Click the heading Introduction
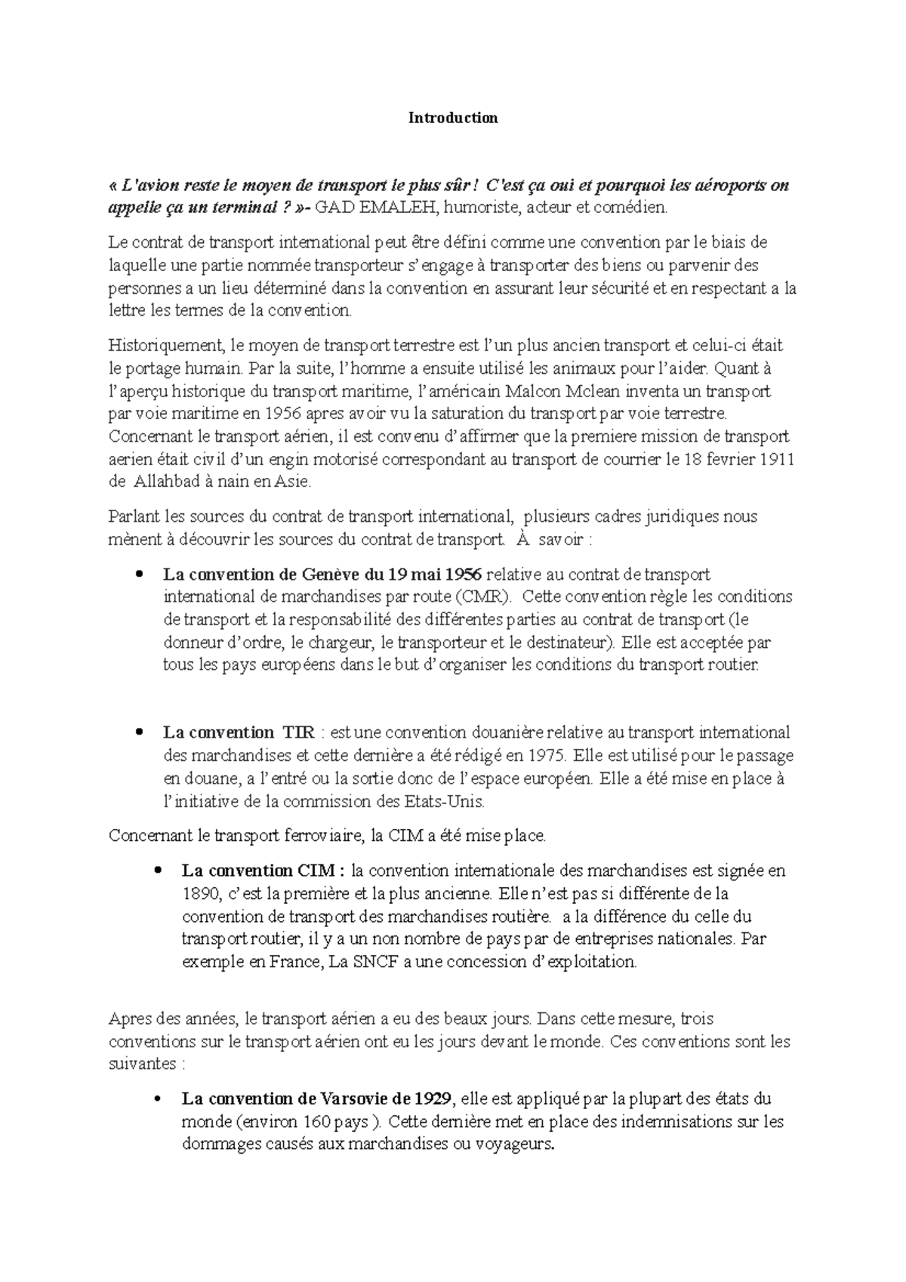(x=453, y=118)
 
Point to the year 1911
(x=778, y=459)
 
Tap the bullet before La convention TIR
(x=138, y=732)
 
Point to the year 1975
(x=546, y=755)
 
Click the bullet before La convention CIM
(x=157, y=871)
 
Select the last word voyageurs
(x=513, y=1145)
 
